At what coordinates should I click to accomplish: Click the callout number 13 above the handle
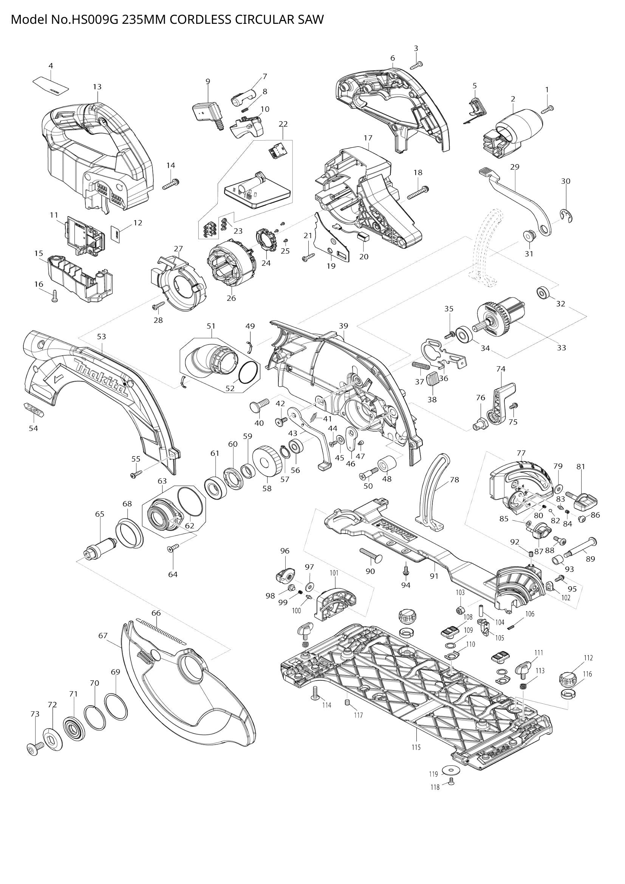tap(97, 87)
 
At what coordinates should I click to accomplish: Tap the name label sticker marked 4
tap(51, 85)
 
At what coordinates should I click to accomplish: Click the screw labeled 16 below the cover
tap(54, 296)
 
